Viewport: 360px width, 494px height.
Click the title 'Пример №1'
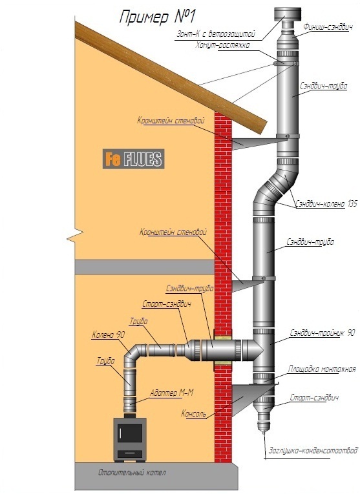tap(156, 17)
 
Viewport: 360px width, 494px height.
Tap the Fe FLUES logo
tap(133, 159)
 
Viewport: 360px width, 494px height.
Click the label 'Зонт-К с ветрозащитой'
tap(216, 34)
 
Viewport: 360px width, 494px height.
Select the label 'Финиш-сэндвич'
tap(328, 27)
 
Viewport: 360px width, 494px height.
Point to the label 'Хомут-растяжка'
tap(222, 45)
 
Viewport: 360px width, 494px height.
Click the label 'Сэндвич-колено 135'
tap(326, 204)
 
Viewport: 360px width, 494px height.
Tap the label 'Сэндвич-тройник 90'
tap(322, 333)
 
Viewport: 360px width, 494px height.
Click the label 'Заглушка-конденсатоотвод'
tap(313, 449)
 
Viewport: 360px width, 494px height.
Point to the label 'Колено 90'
tap(108, 334)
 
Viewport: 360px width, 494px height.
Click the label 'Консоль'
tap(193, 413)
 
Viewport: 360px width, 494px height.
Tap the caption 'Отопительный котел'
tap(132, 473)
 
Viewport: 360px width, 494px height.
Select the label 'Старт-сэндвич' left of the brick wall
tap(167, 304)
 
